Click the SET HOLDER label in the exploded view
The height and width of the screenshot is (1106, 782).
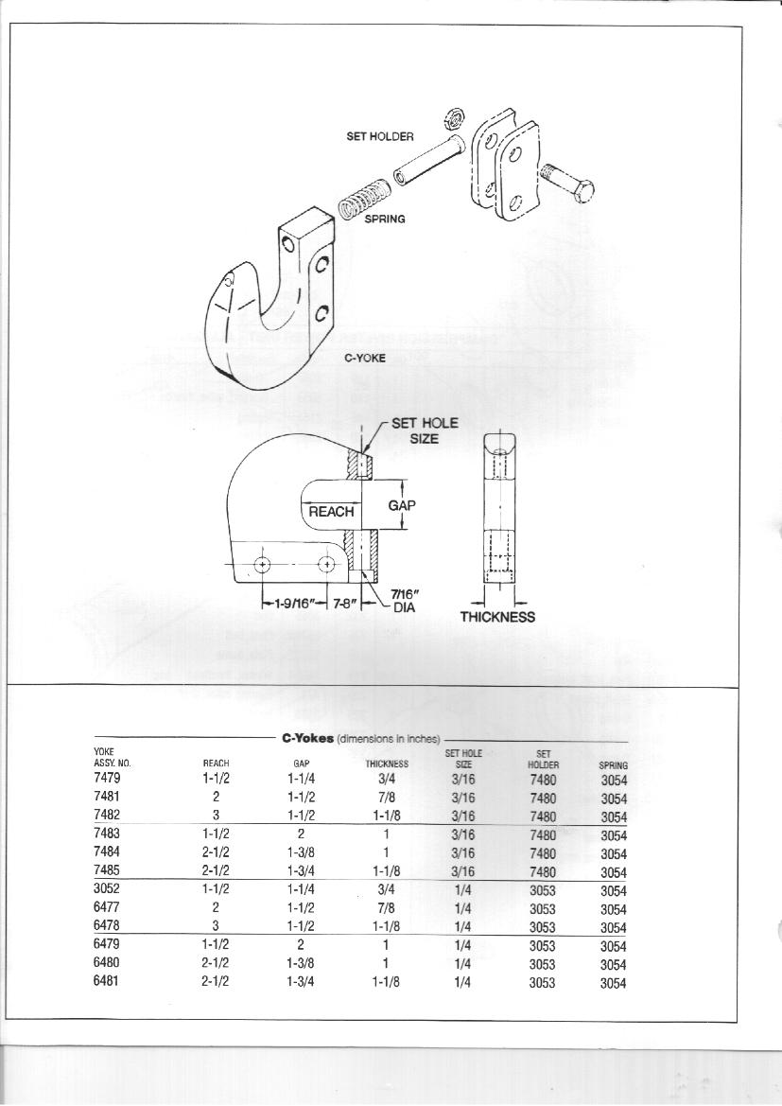[x=379, y=136]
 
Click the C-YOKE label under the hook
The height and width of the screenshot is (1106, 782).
[x=365, y=358]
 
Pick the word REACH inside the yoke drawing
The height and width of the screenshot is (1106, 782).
[x=331, y=512]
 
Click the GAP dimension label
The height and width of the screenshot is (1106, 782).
[x=402, y=505]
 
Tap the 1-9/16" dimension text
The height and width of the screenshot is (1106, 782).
[x=294, y=604]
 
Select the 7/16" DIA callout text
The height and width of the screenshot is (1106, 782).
[x=404, y=601]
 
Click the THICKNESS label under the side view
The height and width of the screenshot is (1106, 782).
[x=497, y=617]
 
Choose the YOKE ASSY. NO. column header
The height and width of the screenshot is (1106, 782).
[x=113, y=757]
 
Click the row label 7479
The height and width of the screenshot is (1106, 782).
[x=107, y=778]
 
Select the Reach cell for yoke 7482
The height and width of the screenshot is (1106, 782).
[x=216, y=815]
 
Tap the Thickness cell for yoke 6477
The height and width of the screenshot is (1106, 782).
[x=386, y=908]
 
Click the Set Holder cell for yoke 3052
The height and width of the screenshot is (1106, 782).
[x=542, y=890]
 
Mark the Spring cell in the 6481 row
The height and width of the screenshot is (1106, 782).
[x=613, y=983]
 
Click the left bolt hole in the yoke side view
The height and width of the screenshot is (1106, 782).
[x=263, y=564]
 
